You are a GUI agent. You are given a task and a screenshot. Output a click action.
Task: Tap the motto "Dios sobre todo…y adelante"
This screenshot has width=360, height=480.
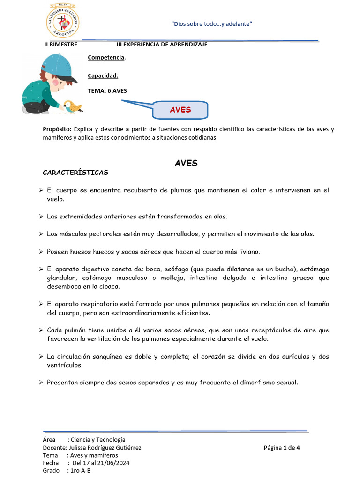click(x=212, y=24)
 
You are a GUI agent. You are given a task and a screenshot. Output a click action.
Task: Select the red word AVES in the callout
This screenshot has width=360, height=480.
click(x=180, y=110)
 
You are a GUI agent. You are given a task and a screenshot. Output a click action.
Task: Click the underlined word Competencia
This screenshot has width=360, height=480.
click(x=106, y=57)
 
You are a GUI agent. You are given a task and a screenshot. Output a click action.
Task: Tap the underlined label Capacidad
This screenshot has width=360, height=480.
click(x=103, y=75)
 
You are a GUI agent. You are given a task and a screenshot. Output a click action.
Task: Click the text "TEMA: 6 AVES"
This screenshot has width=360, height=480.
click(x=107, y=91)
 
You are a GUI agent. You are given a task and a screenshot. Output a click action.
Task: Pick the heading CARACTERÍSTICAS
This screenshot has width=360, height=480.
click(x=75, y=172)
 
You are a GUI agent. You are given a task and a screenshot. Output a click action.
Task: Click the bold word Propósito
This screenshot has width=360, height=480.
click(x=57, y=129)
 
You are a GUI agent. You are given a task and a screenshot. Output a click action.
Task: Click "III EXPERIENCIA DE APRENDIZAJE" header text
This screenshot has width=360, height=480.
click(x=162, y=45)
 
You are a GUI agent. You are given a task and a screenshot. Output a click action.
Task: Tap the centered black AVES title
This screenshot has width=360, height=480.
click(x=186, y=163)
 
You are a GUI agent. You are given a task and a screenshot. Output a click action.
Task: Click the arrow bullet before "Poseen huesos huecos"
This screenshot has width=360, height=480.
click(x=41, y=252)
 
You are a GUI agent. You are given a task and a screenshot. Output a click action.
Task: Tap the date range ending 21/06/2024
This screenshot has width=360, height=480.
click(x=101, y=463)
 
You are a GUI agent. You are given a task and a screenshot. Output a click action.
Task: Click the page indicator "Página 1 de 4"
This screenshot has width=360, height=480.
click(x=282, y=448)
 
